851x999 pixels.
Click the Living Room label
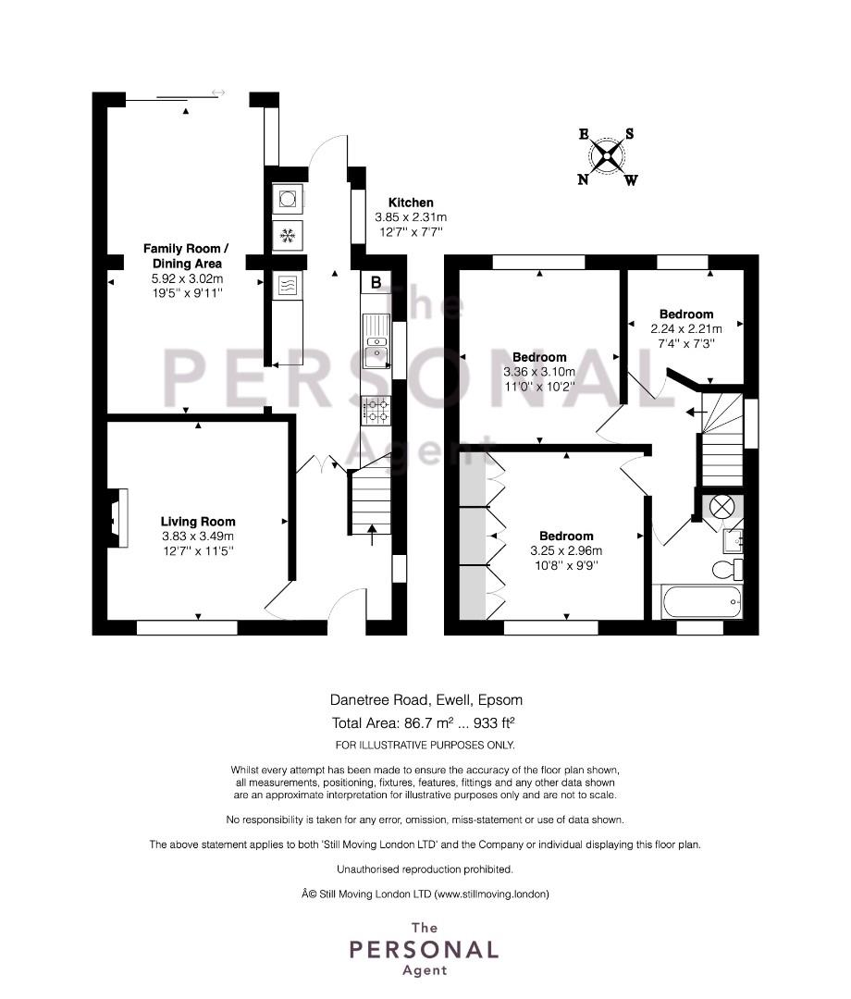tap(198, 522)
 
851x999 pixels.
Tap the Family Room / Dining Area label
tap(186, 256)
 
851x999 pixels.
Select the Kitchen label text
tap(411, 203)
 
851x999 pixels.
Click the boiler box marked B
tap(376, 282)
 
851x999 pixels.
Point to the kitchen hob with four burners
tap(376, 411)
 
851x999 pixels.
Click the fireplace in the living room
tap(117, 517)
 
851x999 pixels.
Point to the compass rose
tap(607, 156)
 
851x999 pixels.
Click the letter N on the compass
tap(583, 179)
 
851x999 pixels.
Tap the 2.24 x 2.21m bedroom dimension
tap(686, 329)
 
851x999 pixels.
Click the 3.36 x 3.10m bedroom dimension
tap(539, 372)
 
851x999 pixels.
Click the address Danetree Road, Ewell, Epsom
tap(426, 699)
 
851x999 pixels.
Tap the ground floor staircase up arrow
tap(372, 535)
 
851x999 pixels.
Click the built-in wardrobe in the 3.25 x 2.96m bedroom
tap(474, 536)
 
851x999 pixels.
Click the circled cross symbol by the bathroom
tap(721, 507)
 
